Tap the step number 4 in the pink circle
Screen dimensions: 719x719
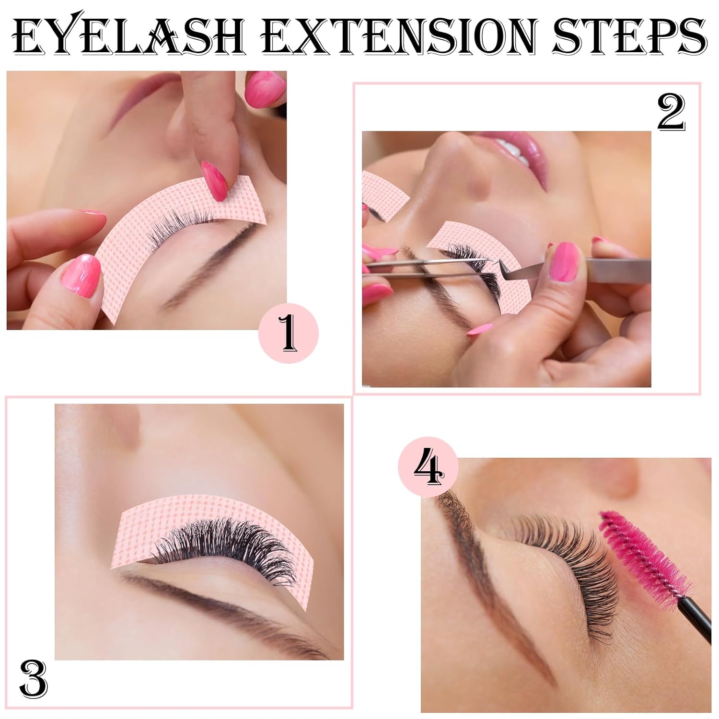[x=429, y=467]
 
